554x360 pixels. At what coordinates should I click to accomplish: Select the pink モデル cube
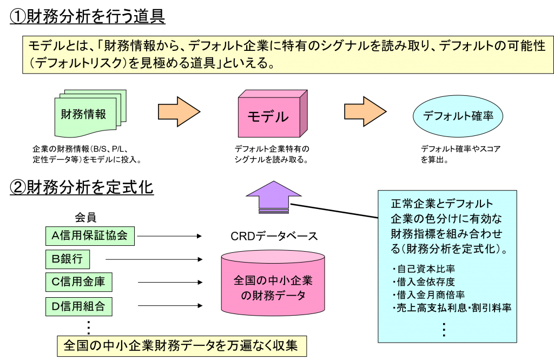pos(269,116)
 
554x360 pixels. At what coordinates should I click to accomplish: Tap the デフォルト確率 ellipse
pos(458,116)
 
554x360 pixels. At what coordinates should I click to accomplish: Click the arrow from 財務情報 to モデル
pos(178,112)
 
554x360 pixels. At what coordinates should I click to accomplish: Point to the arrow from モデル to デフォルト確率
pos(365,112)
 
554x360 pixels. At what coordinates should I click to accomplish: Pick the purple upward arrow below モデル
pos(273,197)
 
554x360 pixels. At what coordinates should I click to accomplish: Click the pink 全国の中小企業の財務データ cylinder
pos(273,284)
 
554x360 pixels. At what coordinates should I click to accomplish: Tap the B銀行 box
pos(67,259)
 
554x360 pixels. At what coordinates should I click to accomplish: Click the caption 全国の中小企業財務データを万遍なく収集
pos(181,345)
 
